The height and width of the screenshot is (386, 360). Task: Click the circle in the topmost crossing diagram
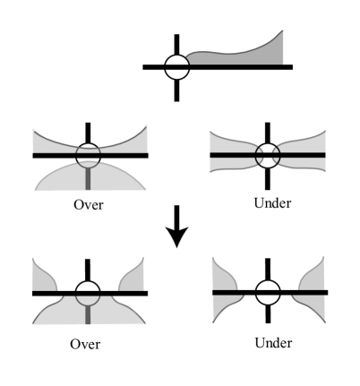point(176,66)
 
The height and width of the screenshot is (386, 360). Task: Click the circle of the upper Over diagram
point(87,155)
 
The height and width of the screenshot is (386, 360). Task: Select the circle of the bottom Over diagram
point(87,293)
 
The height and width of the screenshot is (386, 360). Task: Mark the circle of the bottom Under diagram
point(266,293)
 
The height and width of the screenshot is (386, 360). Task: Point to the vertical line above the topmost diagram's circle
point(176,44)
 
